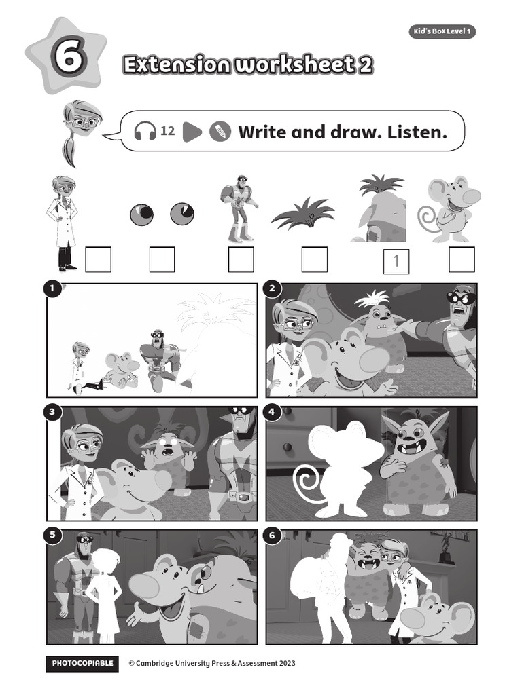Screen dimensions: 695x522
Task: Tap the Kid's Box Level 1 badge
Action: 442,31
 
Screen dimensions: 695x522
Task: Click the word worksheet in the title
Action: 294,65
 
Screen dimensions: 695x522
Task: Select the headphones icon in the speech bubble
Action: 145,131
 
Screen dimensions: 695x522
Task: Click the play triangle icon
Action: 192,132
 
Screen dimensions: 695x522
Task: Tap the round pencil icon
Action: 219,132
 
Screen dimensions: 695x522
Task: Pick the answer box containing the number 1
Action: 396,261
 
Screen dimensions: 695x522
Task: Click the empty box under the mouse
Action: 462,259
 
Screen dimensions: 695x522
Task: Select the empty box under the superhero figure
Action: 241,259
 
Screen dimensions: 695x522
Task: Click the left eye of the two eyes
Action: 141,214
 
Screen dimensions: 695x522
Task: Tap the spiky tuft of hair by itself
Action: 302,214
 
